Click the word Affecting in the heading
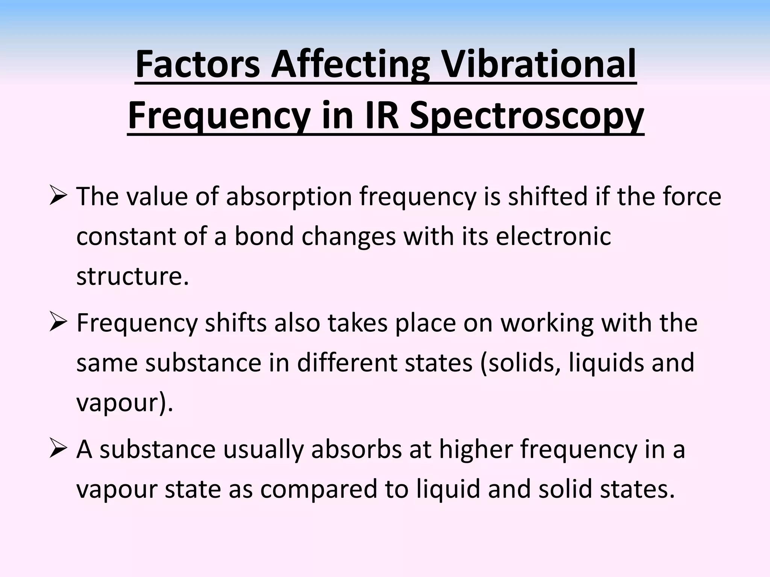pyautogui.click(x=350, y=66)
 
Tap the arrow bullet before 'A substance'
pyautogui.click(x=58, y=449)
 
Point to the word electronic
pyautogui.click(x=553, y=236)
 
